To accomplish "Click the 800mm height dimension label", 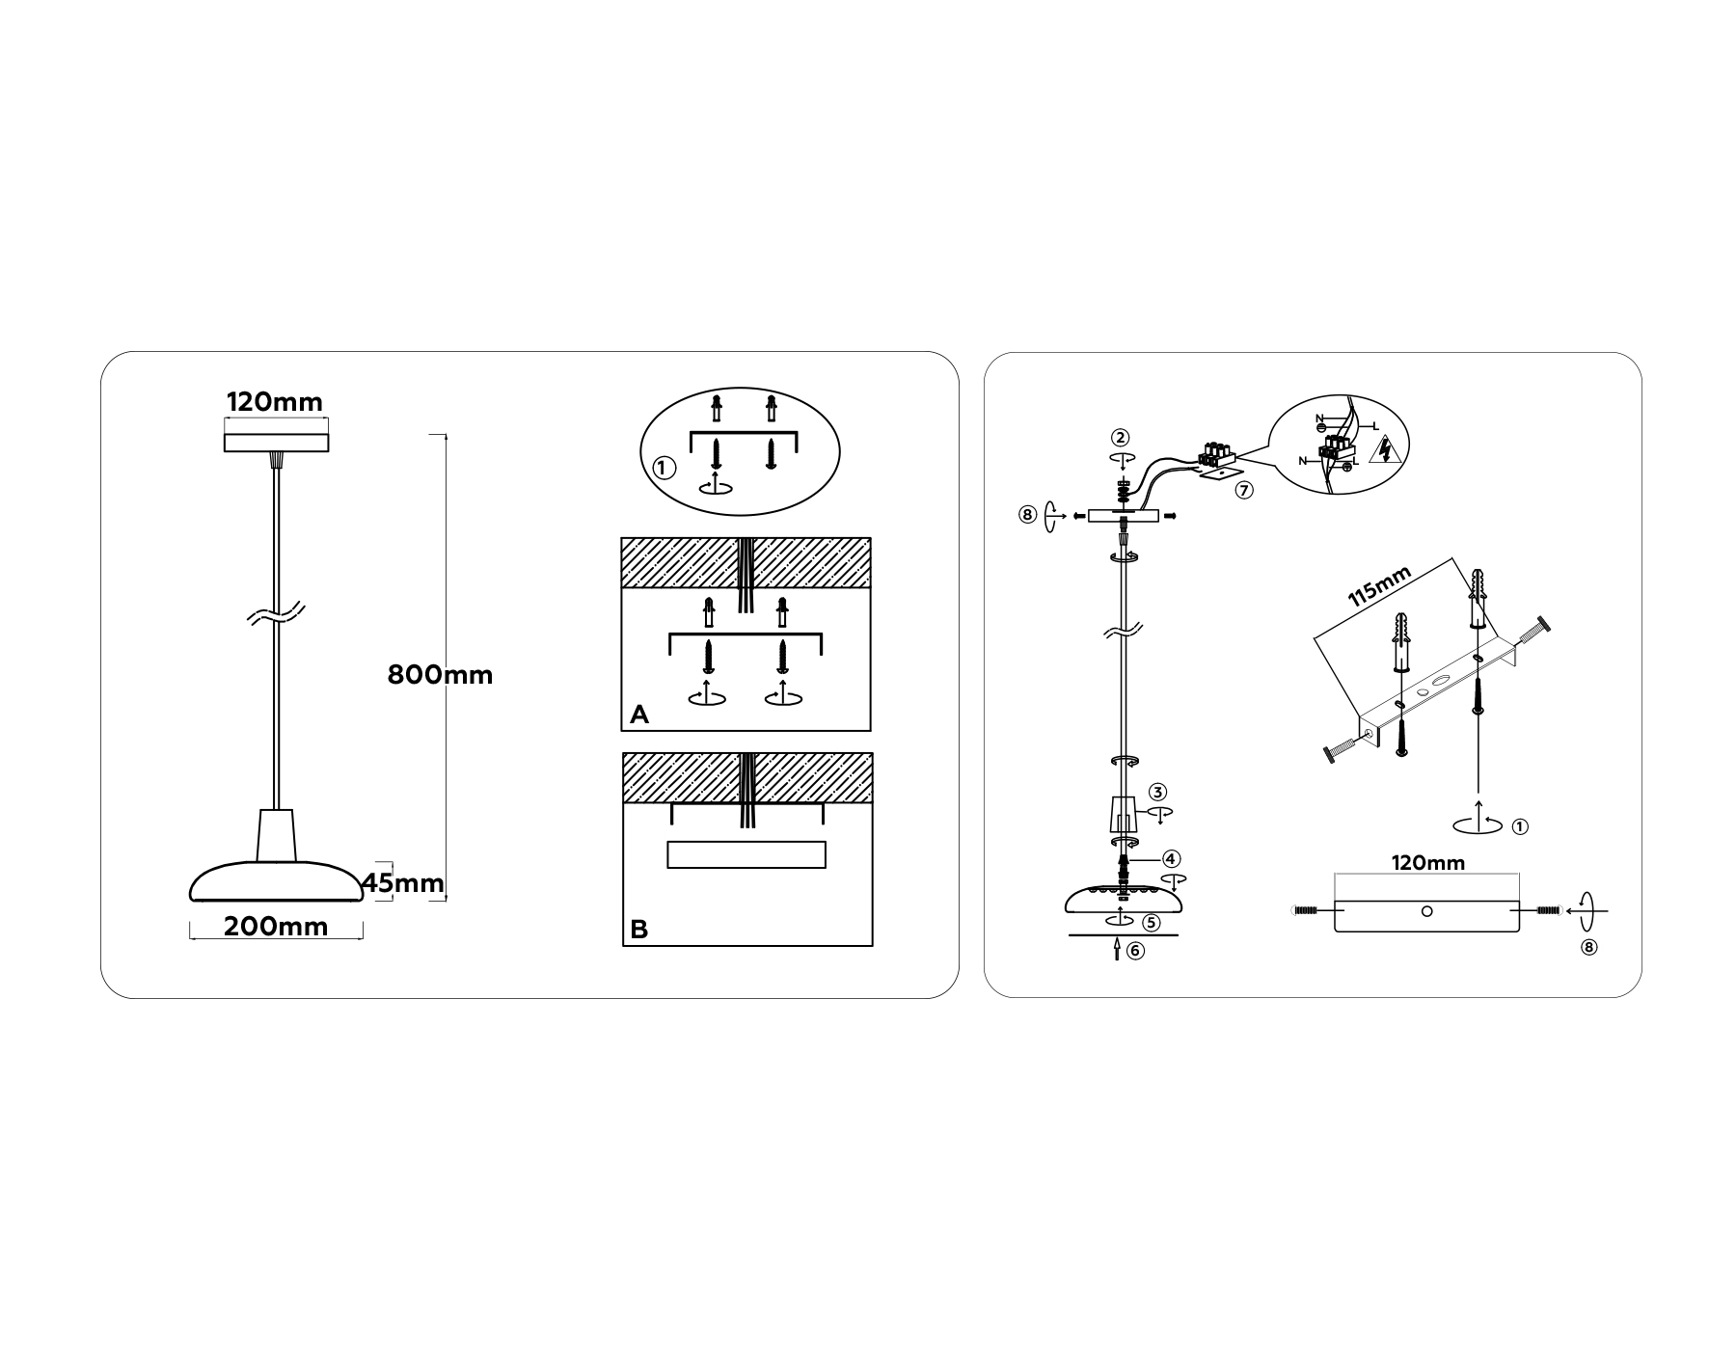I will click(x=440, y=675).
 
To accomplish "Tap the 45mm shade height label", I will click(x=404, y=882).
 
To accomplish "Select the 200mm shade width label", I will click(x=276, y=927).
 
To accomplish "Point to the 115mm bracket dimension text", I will click(x=1379, y=586).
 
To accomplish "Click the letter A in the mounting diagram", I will click(x=638, y=715).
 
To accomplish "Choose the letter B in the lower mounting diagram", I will click(x=638, y=930).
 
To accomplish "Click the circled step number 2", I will click(x=1119, y=438).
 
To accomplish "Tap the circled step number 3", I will click(x=1157, y=793).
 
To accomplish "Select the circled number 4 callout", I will click(x=1171, y=858).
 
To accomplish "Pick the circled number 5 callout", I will click(x=1151, y=922).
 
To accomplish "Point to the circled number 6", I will click(x=1135, y=951).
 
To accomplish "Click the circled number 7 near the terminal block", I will click(x=1244, y=491).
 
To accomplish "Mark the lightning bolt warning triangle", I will click(x=1385, y=449).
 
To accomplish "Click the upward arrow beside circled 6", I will click(x=1117, y=951).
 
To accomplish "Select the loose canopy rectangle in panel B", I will click(x=746, y=855).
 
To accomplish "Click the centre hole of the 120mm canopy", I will click(x=1427, y=911).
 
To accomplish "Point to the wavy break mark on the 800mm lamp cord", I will click(x=276, y=614).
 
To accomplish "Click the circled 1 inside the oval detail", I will click(x=663, y=469).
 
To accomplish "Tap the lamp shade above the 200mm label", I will click(x=277, y=880).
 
